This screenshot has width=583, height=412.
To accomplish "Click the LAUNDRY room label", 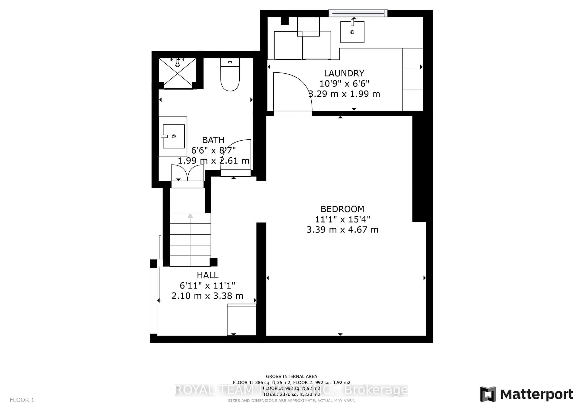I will tap(344, 73).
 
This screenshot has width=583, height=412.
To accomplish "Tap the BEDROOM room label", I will tap(342, 209).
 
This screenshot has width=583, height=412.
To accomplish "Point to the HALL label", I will tap(207, 275).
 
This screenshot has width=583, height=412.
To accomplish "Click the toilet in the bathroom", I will tap(230, 75).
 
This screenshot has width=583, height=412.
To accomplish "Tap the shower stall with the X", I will tap(177, 73).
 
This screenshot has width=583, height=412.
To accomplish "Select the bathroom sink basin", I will tap(174, 136).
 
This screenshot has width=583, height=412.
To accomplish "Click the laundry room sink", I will tap(352, 32).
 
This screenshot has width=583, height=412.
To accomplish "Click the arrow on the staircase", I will tap(190, 216).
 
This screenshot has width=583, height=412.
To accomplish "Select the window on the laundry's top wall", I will tap(358, 13).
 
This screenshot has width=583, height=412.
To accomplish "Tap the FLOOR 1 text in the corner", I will tap(22, 400).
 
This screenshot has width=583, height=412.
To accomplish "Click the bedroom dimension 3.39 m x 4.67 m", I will tap(342, 230).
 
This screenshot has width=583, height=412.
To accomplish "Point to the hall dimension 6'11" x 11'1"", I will tap(207, 286).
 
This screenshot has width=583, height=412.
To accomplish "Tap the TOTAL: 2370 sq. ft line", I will tap(291, 395).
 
